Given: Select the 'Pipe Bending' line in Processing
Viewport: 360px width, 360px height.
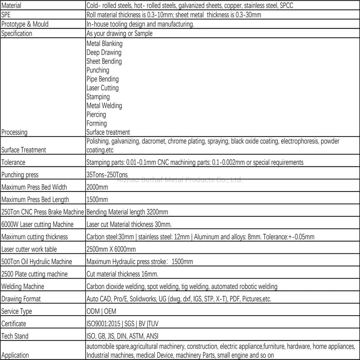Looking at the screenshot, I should click(x=102, y=79).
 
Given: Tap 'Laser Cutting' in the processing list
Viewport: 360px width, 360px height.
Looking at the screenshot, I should click(x=102, y=88).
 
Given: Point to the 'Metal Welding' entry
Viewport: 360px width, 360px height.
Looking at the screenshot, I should click(x=104, y=106).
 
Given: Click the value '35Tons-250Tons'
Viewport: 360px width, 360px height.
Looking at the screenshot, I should click(x=107, y=175).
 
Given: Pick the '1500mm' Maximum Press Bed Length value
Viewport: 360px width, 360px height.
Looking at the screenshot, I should click(x=97, y=199).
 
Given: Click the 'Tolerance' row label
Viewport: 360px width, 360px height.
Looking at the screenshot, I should click(x=13, y=162).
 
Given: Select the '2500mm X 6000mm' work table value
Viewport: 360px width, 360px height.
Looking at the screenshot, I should click(x=111, y=249).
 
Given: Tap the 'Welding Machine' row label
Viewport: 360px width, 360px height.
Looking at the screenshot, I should click(x=23, y=287).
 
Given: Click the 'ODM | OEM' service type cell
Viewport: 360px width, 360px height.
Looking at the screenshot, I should click(x=101, y=311).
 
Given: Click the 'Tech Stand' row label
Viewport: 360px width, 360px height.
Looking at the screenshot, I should click(x=15, y=336).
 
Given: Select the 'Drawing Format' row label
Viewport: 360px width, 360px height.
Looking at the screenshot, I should click(x=21, y=299).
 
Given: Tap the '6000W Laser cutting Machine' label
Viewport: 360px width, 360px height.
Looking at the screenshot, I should click(x=37, y=225).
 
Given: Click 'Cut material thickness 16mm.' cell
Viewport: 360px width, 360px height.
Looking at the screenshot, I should click(x=122, y=274).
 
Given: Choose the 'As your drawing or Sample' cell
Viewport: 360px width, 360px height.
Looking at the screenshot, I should click(x=119, y=33).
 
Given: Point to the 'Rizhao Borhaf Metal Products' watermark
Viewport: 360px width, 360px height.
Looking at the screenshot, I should click(x=180, y=180).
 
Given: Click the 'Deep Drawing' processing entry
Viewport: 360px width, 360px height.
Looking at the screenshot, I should click(x=104, y=53).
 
